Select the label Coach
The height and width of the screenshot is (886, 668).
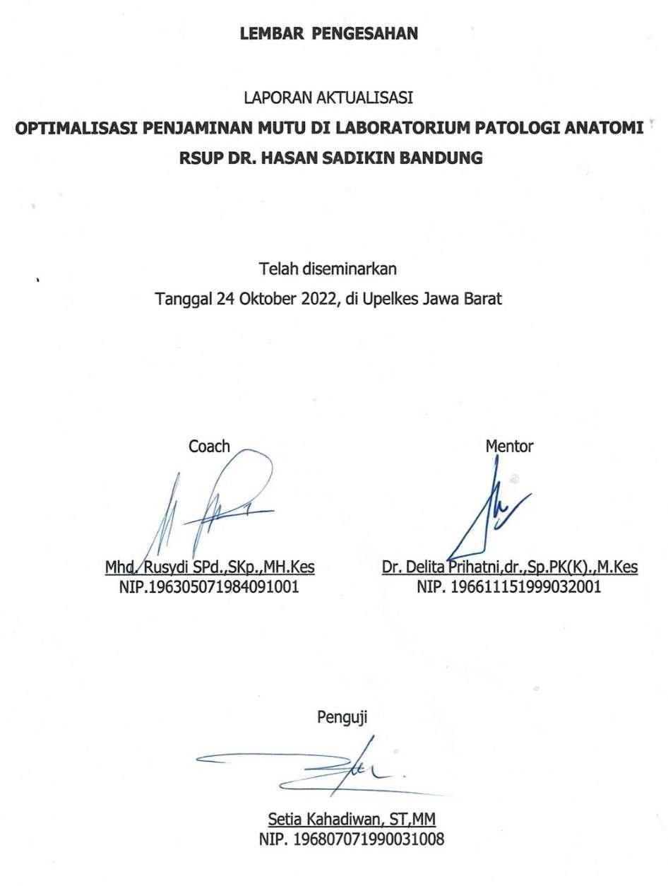pyautogui.click(x=209, y=446)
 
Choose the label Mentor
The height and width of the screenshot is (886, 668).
pyautogui.click(x=509, y=446)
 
